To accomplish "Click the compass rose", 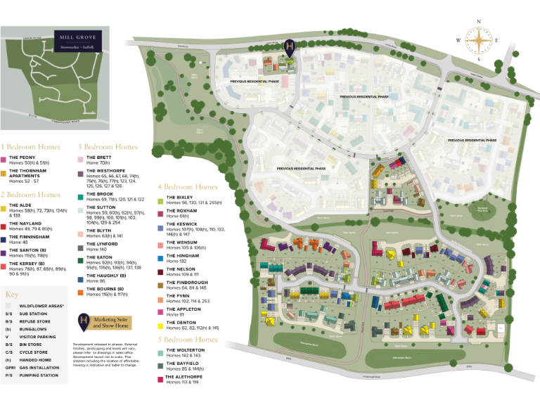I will [479, 40].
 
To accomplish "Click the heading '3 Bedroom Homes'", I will [107, 147].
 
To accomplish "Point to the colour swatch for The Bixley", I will [160, 198].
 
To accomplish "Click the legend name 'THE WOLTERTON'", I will [185, 350].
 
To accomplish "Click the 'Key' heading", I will [11, 295].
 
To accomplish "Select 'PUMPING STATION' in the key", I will [39, 375].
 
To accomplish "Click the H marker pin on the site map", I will [289, 47].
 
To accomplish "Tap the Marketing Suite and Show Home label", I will [112, 323].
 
